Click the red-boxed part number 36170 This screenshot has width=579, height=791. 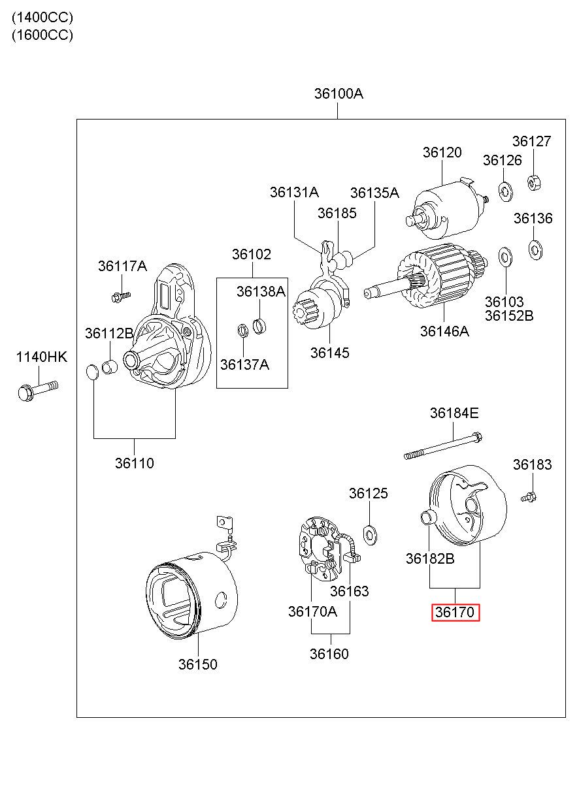click(455, 612)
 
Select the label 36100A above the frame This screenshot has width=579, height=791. click(339, 93)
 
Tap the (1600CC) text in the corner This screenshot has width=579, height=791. click(42, 35)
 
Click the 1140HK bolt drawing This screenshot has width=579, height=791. click(38, 390)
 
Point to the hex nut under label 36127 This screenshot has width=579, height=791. click(534, 183)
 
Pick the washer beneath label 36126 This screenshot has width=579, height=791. click(505, 192)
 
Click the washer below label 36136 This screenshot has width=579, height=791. click(536, 250)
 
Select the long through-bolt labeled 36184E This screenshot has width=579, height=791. click(443, 445)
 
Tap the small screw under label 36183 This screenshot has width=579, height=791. click(529, 497)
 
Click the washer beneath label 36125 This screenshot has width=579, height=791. click(370, 535)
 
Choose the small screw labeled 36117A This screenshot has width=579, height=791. click(121, 296)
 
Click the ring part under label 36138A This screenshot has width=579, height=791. click(259, 326)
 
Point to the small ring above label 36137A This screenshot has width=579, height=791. click(242, 330)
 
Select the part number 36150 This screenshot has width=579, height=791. click(197, 664)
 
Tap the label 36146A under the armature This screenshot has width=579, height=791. click(444, 331)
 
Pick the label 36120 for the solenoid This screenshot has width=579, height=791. click(442, 152)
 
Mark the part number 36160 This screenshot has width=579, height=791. click(329, 654)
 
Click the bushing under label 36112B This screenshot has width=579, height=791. click(110, 367)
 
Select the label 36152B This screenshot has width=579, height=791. click(508, 315)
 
